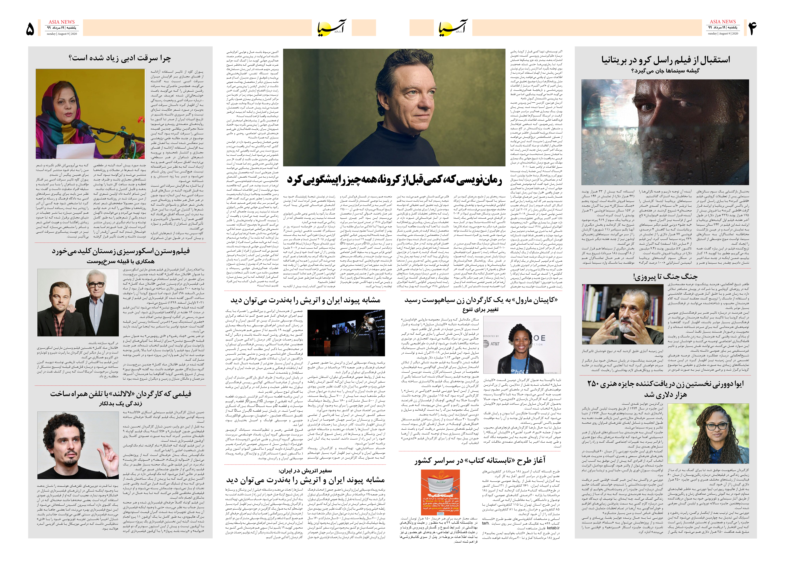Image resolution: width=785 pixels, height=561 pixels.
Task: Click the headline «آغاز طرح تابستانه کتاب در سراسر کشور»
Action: coord(480,461)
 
